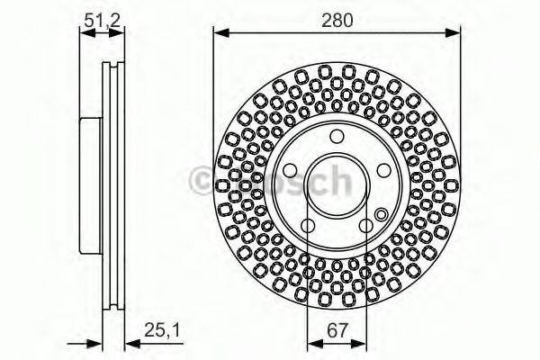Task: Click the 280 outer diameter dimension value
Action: [x=337, y=17]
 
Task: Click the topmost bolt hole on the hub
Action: [x=337, y=137]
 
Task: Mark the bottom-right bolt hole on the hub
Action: [x=366, y=226]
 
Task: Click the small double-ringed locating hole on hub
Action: [x=381, y=214]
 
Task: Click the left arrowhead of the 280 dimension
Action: [x=218, y=33]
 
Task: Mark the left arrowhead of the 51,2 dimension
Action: [x=84, y=33]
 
